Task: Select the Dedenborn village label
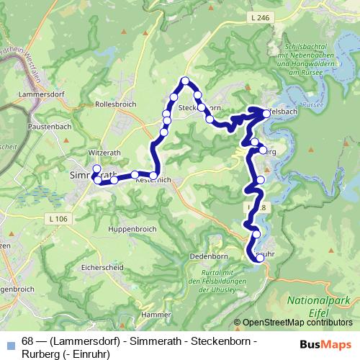(208, 256)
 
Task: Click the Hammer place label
(156, 315)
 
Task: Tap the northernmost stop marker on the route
(186, 81)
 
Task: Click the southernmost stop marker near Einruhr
(258, 261)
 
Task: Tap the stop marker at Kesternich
(153, 176)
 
